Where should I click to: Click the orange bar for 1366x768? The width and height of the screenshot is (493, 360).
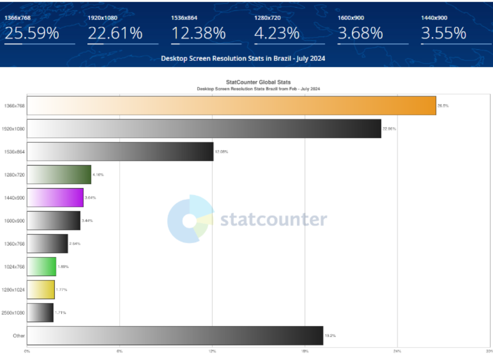(x=231, y=106)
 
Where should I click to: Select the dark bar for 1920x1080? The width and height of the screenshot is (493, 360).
(x=204, y=129)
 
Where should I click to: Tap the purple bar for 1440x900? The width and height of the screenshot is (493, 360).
(x=55, y=198)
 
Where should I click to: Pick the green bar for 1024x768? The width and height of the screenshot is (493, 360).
(x=42, y=267)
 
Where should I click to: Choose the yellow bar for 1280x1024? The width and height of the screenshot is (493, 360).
(x=41, y=290)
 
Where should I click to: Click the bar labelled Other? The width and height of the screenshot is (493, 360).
(x=175, y=335)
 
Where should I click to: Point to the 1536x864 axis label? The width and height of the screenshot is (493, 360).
(x=13, y=152)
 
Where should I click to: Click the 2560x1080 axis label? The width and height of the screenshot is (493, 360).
(x=13, y=313)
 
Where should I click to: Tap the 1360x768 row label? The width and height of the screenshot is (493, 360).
(x=13, y=244)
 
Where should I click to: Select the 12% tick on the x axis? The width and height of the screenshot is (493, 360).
(x=212, y=351)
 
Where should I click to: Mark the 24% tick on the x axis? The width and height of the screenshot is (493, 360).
(x=397, y=351)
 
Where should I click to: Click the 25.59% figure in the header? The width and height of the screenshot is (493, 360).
(x=32, y=33)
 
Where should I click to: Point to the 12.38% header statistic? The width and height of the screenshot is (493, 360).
(x=198, y=33)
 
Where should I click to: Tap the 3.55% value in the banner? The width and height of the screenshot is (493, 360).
(x=443, y=33)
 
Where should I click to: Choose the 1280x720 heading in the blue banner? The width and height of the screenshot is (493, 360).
(x=267, y=18)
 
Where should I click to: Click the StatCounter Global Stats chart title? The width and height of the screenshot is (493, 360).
(x=258, y=82)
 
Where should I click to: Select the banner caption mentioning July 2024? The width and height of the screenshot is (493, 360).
(x=243, y=58)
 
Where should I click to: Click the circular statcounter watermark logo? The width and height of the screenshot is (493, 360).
(x=190, y=219)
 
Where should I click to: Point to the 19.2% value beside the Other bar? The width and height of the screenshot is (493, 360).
(x=330, y=335)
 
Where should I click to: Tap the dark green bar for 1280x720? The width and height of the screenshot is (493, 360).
(x=59, y=174)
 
